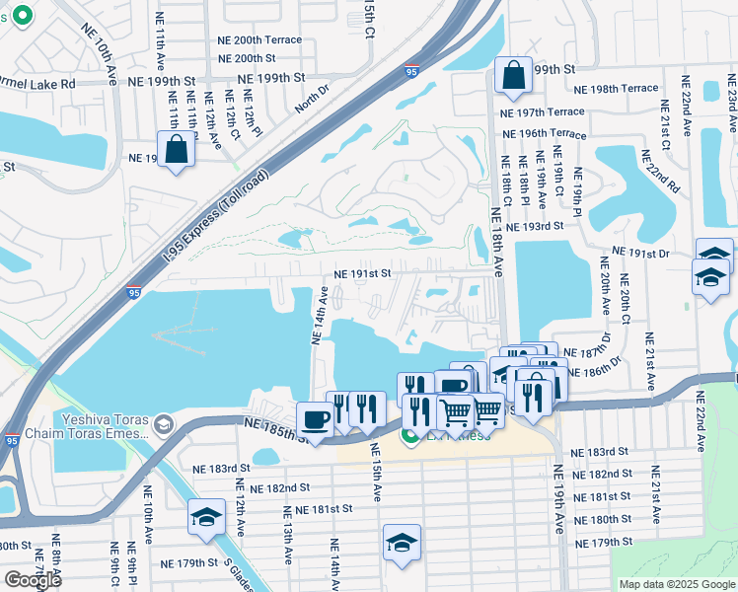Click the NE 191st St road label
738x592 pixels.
click(362, 273)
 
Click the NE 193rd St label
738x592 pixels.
click(533, 227)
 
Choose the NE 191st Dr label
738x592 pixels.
click(640, 254)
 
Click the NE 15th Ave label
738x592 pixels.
click(376, 472)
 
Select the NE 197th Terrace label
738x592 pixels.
click(543, 112)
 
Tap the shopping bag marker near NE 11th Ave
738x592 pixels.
click(176, 151)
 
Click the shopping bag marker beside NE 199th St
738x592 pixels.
click(513, 77)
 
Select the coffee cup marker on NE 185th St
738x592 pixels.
click(315, 419)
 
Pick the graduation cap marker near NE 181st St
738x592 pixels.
click(206, 518)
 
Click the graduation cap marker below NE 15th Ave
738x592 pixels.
click(401, 544)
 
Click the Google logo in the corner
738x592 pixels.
click(33, 580)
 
